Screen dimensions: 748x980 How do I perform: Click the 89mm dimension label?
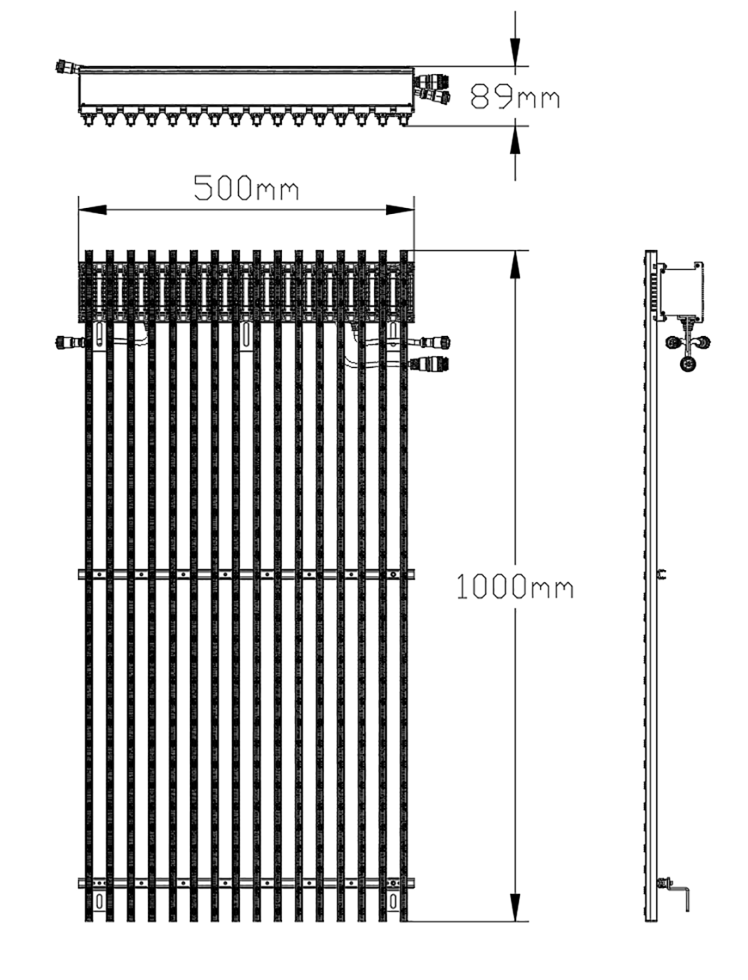[515, 96]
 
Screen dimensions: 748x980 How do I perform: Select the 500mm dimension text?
[246, 188]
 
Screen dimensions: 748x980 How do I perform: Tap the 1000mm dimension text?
[515, 587]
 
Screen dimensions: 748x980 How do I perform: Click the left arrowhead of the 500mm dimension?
[93, 209]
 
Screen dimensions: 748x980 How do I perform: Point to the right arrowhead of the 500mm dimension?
[400, 209]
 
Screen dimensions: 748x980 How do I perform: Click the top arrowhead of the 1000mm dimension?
[515, 265]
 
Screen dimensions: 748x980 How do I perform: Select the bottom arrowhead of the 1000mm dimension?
[515, 907]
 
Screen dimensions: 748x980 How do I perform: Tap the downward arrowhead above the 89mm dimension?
[515, 52]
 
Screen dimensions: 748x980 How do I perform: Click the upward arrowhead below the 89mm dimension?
[515, 140]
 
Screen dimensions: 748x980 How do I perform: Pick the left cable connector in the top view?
[67, 67]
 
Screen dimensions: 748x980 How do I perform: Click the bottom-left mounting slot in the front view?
[99, 900]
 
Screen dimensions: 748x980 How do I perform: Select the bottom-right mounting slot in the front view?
[393, 900]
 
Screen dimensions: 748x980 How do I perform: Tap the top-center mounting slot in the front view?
[246, 335]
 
